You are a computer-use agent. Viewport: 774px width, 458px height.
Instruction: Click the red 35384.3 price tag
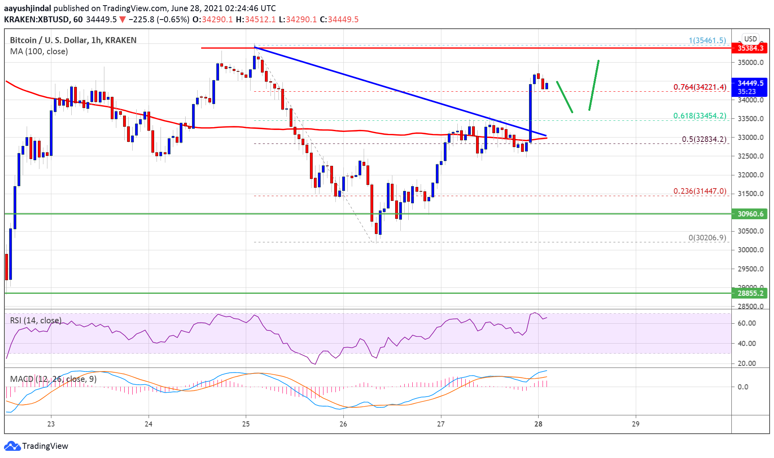tap(750, 48)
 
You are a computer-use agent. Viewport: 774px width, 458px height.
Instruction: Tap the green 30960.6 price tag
tap(750, 214)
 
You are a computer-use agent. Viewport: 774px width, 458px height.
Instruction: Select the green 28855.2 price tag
tap(750, 293)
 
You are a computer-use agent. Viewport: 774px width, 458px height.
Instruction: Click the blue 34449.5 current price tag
tap(750, 83)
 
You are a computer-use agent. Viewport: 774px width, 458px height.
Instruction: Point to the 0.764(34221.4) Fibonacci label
tap(700, 87)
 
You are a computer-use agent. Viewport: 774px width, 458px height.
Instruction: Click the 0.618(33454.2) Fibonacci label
tap(700, 116)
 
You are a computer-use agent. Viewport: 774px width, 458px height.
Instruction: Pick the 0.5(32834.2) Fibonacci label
tap(704, 139)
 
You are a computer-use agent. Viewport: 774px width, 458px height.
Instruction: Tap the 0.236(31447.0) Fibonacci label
tap(700, 191)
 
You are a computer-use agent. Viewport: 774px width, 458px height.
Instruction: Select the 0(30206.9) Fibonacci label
tap(707, 238)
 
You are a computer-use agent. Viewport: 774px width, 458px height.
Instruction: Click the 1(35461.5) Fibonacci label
tap(707, 40)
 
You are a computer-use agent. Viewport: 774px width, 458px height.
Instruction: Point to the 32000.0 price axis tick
tap(750, 175)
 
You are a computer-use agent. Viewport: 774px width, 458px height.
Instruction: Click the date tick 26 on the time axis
tap(343, 424)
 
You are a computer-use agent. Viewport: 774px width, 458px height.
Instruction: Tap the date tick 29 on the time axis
tap(636, 424)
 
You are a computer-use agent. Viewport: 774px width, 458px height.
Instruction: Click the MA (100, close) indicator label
tap(39, 51)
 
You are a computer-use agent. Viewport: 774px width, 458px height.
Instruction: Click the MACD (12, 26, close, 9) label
tap(53, 379)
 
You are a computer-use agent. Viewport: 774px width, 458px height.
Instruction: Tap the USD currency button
tap(750, 39)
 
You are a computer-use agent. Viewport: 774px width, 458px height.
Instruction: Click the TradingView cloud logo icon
tap(12, 446)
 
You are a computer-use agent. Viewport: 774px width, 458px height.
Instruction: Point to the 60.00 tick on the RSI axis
tap(747, 323)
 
